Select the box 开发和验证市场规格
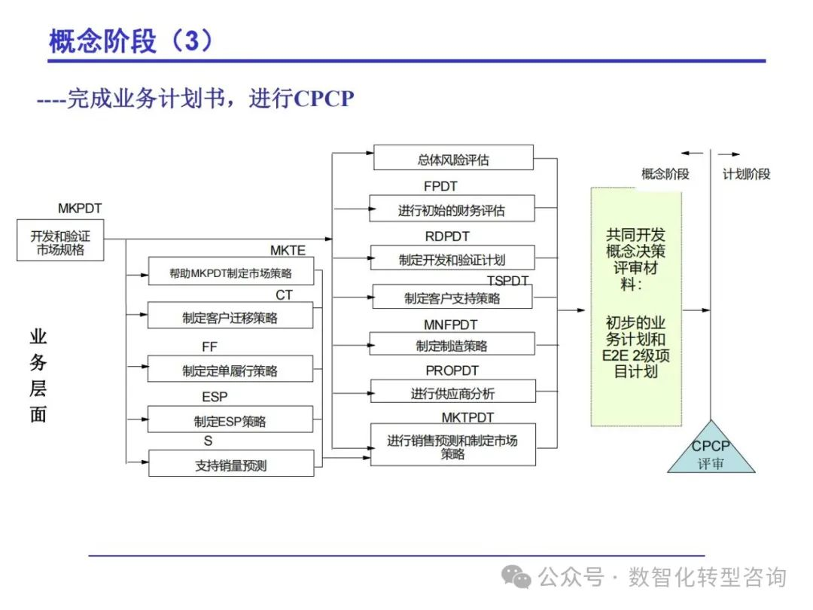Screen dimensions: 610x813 pyautogui.click(x=60, y=240)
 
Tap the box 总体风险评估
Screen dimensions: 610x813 pyautogui.click(x=453, y=159)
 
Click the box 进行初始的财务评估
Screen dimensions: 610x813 pyautogui.click(x=452, y=210)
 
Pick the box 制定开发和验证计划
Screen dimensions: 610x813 pyautogui.click(x=452, y=259)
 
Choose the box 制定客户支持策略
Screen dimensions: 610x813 pyautogui.click(x=452, y=297)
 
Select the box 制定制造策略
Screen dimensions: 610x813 pyautogui.click(x=452, y=345)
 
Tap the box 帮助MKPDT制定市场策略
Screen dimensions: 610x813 pyautogui.click(x=230, y=273)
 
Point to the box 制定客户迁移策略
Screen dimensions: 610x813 pyautogui.click(x=230, y=317)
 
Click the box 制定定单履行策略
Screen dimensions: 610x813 pyautogui.click(x=230, y=370)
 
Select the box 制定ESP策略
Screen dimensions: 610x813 pyautogui.click(x=230, y=421)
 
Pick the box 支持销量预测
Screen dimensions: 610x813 pyautogui.click(x=230, y=465)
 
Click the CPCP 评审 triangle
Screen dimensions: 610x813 pyautogui.click(x=711, y=452)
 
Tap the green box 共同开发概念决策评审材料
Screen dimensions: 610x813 pyautogui.click(x=636, y=307)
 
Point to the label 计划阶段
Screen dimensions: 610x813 pyautogui.click(x=746, y=174)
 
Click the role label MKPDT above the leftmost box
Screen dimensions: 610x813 pyautogui.click(x=80, y=208)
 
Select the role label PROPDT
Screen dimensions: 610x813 pyautogui.click(x=452, y=371)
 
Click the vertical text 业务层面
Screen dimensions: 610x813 pyautogui.click(x=38, y=375)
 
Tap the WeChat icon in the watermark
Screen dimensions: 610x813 pyautogui.click(x=517, y=578)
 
